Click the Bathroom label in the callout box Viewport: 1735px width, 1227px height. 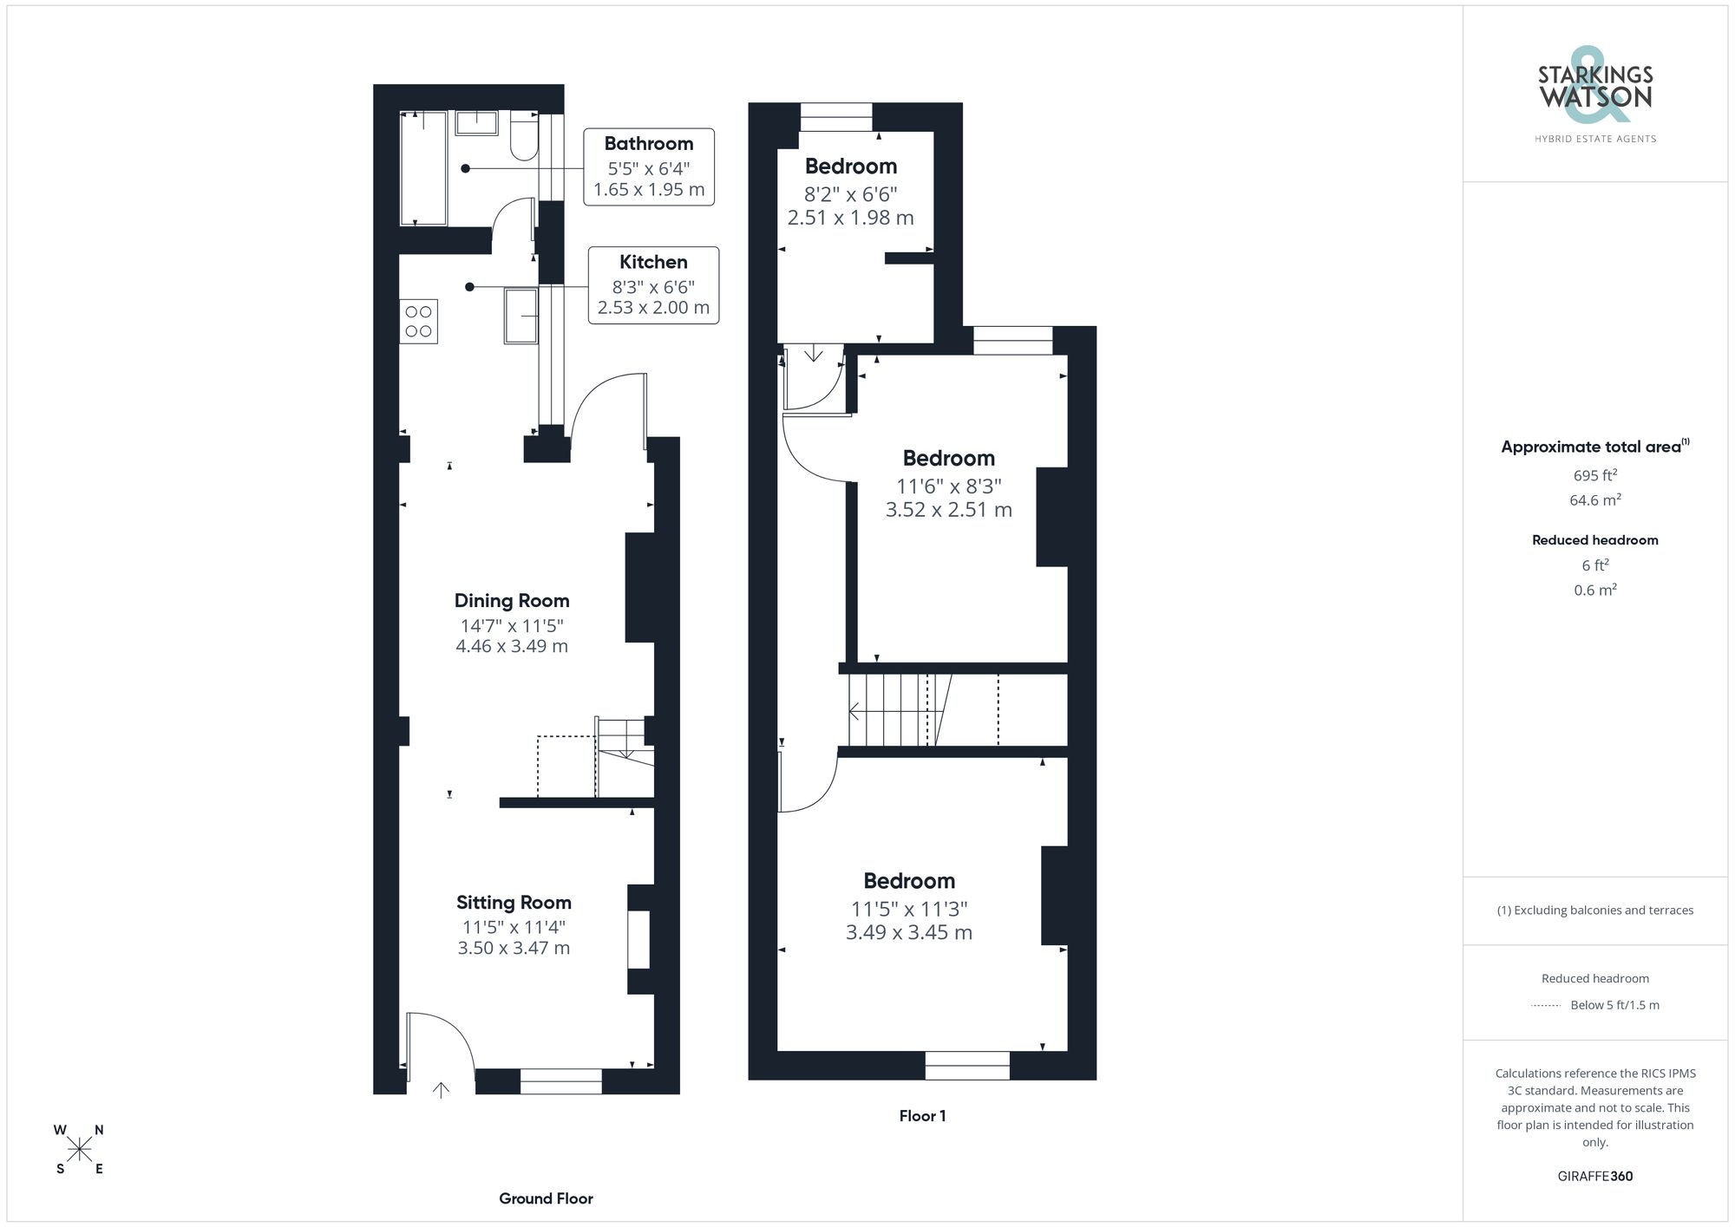tap(648, 144)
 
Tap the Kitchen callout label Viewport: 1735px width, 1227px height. tap(653, 262)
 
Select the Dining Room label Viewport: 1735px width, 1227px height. tap(512, 601)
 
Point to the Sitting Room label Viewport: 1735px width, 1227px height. tap(514, 903)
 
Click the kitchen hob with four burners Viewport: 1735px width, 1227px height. tap(418, 322)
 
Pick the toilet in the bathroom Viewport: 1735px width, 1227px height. tap(524, 137)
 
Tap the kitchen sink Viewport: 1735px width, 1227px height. tap(521, 316)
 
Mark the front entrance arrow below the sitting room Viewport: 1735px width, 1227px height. tap(441, 1090)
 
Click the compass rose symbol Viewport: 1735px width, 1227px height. tap(79, 1150)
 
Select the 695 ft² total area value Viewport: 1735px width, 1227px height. tap(1594, 475)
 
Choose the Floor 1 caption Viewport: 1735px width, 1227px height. tap(922, 1116)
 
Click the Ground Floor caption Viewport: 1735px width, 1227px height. tap(546, 1198)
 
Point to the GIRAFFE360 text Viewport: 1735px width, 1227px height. tap(1594, 1176)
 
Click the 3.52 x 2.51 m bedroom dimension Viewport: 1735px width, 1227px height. tap(948, 510)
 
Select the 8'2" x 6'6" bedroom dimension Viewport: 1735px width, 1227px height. tap(850, 194)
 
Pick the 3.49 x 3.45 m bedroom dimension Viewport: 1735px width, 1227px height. tap(908, 933)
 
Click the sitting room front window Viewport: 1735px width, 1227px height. tap(560, 1081)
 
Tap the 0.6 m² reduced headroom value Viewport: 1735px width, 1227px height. tap(1594, 590)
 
